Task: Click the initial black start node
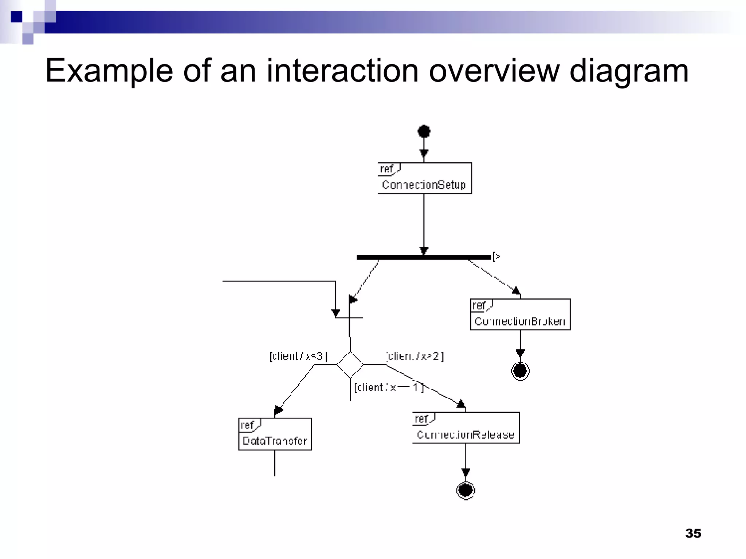pyautogui.click(x=424, y=131)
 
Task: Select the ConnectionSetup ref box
pyautogui.click(x=425, y=178)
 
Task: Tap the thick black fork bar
pyautogui.click(x=424, y=257)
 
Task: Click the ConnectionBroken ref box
pyautogui.click(x=520, y=315)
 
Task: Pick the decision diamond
pyautogui.click(x=350, y=364)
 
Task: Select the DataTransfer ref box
pyautogui.click(x=275, y=434)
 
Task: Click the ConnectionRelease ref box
pyautogui.click(x=466, y=428)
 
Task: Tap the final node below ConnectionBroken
pyautogui.click(x=520, y=371)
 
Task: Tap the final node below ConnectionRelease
pyautogui.click(x=466, y=490)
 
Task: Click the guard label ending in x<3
pyautogui.click(x=298, y=356)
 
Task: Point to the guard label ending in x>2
pyautogui.click(x=415, y=356)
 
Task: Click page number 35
pyautogui.click(x=693, y=533)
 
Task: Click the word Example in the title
pyautogui.click(x=109, y=71)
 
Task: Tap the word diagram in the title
pyautogui.click(x=629, y=71)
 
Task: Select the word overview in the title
pyautogui.click(x=494, y=71)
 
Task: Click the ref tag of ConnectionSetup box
pyautogui.click(x=387, y=169)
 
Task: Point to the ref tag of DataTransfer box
pyautogui.click(x=248, y=425)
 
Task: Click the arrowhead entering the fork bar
pyautogui.click(x=424, y=251)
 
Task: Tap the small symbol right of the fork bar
pyautogui.click(x=496, y=257)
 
